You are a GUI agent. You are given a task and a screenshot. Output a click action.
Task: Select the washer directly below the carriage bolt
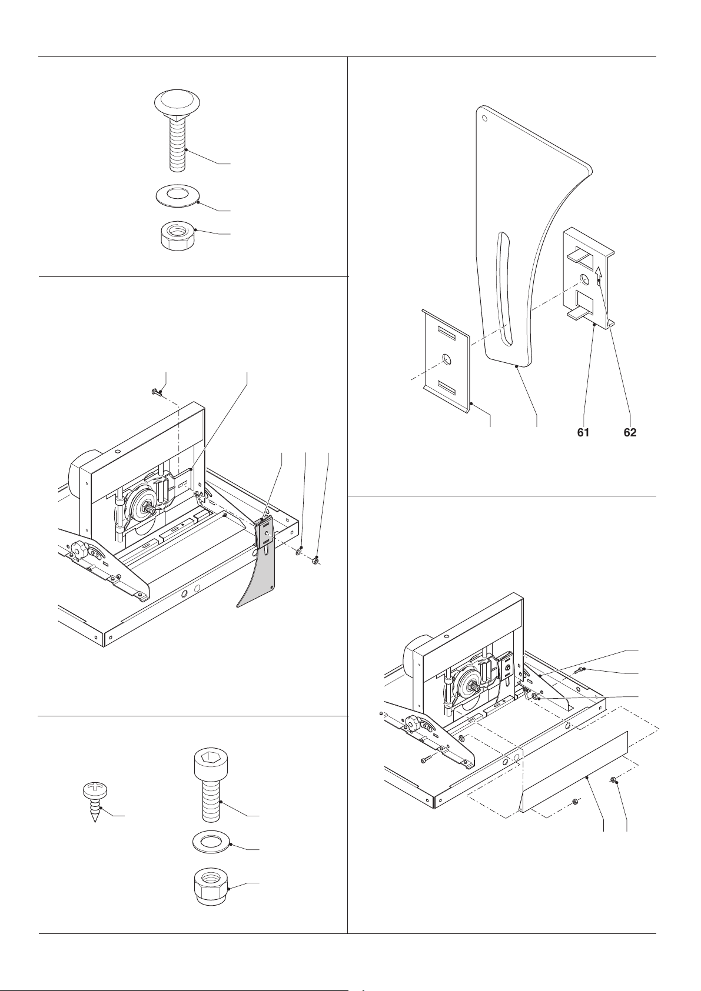tap(178, 195)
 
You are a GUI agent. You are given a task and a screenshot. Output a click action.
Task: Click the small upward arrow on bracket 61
tap(599, 272)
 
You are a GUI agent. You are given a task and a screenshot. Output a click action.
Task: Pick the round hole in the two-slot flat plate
tap(447, 359)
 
